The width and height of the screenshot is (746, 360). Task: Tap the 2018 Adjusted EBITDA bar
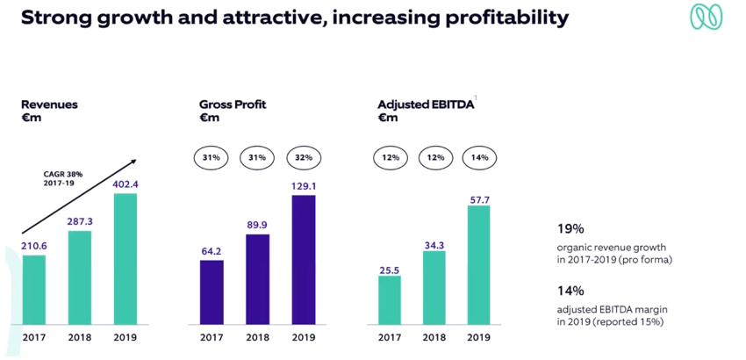click(434, 287)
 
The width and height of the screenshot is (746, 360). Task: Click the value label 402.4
click(126, 184)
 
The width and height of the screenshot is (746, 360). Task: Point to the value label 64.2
click(212, 251)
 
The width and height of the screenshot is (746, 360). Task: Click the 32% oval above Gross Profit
click(303, 157)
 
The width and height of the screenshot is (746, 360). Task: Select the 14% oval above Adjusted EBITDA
click(479, 157)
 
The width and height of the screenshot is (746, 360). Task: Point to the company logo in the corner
click(706, 18)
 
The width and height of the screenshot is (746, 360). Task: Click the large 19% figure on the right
click(570, 228)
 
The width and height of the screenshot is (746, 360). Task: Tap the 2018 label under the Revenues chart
click(80, 337)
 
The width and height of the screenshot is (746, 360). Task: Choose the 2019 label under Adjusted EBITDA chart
click(478, 337)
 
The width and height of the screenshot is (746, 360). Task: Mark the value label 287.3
click(80, 222)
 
